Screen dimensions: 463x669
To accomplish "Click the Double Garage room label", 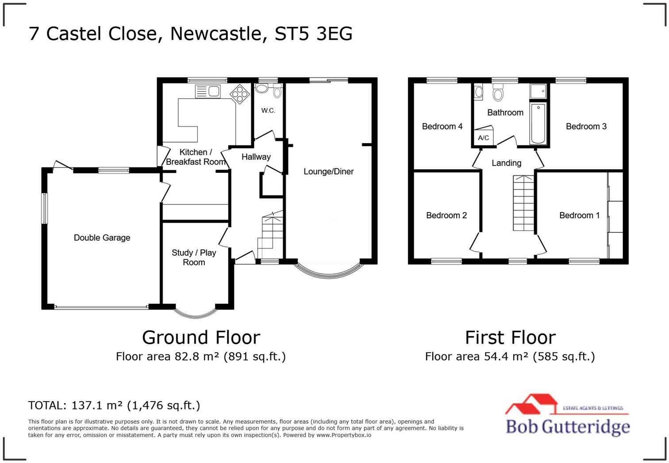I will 102,238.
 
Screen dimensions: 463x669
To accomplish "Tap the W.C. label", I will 268,110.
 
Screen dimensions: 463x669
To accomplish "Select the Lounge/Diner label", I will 328,171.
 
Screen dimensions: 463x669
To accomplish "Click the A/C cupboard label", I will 484,138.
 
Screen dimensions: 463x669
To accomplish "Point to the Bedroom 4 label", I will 442,126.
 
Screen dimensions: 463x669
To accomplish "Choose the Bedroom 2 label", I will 446,215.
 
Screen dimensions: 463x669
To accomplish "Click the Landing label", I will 506,163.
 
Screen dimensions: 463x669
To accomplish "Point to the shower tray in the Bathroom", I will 538,91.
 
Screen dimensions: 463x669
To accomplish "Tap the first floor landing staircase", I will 523,203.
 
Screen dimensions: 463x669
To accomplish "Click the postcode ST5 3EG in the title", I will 313,34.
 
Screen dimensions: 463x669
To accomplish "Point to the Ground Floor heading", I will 201,338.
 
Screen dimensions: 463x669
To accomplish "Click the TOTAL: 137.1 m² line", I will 114,405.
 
